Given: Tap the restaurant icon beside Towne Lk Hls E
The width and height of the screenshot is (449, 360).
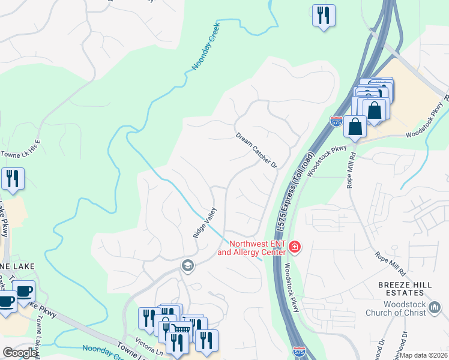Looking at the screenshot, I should point(12,178).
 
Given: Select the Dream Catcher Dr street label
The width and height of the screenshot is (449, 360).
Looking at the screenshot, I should point(256,151).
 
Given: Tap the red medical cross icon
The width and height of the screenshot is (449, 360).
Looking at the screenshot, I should point(294,247).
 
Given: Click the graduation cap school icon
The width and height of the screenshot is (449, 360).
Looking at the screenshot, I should point(188,266).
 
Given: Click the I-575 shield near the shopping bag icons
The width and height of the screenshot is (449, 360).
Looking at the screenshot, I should point(336,121).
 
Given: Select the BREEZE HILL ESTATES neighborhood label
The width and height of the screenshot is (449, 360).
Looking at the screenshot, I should point(405,288).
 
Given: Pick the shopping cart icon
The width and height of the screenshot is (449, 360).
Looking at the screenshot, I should point(180,329).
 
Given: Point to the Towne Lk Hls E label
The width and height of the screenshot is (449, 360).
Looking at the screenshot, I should point(21,145).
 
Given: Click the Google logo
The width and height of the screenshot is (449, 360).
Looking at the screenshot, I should point(20,352).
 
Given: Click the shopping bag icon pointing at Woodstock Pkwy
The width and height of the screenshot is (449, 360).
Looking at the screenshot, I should point(355,127).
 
